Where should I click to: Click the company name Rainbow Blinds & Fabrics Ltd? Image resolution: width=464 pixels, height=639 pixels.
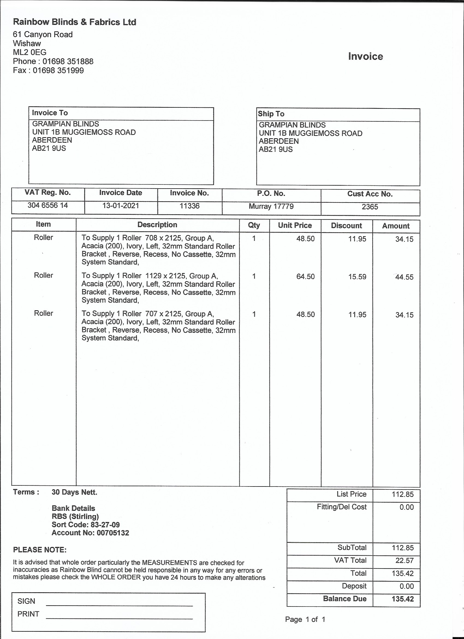(75, 22)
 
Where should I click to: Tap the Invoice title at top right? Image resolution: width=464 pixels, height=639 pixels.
(365, 56)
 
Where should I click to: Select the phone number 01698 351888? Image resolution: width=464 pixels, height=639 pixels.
(68, 61)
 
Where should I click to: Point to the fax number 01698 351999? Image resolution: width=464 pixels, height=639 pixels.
(58, 71)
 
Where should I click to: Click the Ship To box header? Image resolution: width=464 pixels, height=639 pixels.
(271, 114)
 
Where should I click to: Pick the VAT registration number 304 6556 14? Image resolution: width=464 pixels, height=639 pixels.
(47, 206)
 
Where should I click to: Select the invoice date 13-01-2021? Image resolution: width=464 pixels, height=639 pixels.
(121, 206)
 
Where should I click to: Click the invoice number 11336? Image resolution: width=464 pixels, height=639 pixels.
(189, 206)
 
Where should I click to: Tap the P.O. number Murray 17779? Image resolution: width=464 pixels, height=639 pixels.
(271, 207)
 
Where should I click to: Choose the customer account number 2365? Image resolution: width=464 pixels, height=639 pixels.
(370, 207)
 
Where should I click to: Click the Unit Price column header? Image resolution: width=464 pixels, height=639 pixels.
(295, 225)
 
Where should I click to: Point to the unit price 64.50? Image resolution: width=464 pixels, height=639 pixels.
(305, 277)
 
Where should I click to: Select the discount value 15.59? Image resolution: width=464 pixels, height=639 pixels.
(357, 277)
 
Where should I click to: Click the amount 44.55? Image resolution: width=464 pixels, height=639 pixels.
(404, 277)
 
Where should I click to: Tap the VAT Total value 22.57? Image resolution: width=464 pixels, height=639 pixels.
(404, 560)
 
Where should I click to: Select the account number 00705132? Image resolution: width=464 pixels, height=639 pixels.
(113, 533)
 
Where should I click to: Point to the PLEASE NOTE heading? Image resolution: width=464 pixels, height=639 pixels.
(40, 550)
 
